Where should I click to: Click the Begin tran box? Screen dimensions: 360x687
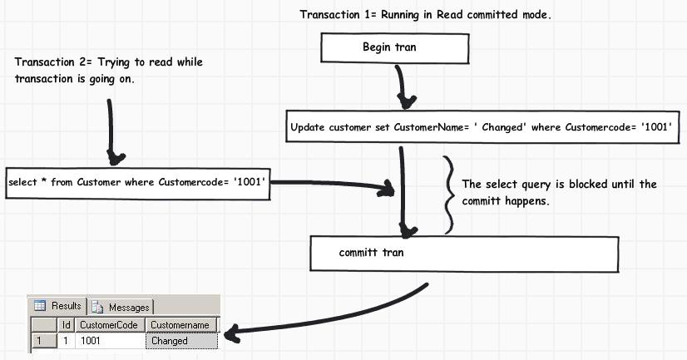(390, 48)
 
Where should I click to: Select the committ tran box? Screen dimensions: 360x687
(464, 253)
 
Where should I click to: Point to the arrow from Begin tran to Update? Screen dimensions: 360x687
(403, 85)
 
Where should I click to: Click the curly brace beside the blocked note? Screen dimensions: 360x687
(449, 195)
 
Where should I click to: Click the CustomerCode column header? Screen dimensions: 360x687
(109, 324)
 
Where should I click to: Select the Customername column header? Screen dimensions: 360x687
(181, 324)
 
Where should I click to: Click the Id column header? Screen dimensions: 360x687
(67, 324)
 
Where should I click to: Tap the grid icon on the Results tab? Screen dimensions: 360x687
(39, 306)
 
